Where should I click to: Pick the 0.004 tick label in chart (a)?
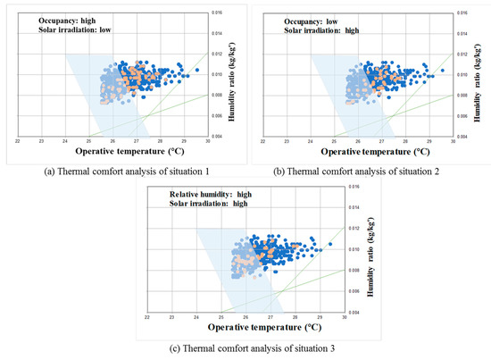click(x=217, y=137)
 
